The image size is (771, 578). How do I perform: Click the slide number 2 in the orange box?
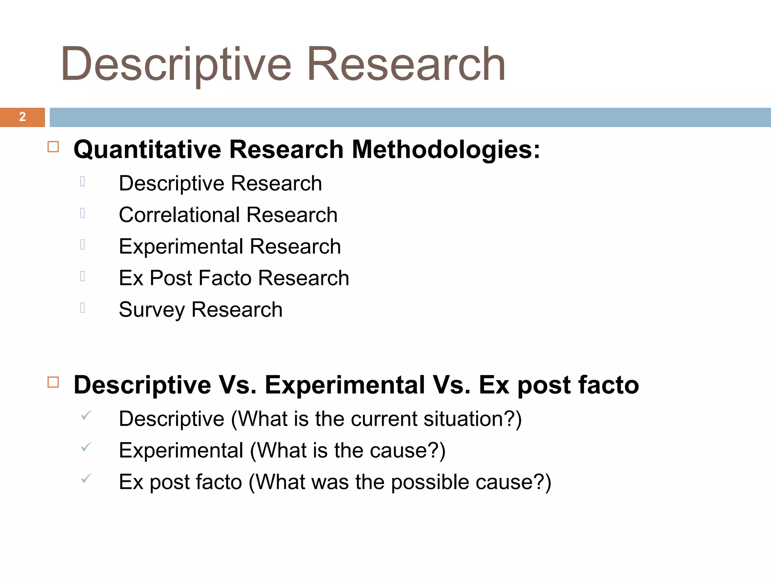point(23,117)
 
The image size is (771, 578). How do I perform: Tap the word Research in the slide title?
point(406,64)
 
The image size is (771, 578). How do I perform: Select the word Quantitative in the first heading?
point(147,150)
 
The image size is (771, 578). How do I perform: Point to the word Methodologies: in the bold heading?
point(446,150)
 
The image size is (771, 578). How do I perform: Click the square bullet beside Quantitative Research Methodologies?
point(53,147)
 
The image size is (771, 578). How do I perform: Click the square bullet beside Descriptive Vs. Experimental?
point(53,382)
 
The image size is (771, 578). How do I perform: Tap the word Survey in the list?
point(151,310)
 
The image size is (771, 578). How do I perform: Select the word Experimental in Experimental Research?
point(181,246)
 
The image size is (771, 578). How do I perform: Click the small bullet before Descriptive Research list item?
point(82,182)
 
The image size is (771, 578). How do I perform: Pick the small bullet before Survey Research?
point(82,308)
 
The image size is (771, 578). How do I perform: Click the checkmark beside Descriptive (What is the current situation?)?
point(86,416)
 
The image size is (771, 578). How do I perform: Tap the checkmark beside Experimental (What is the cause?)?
point(86,447)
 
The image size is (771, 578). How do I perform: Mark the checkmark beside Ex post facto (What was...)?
point(86,479)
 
